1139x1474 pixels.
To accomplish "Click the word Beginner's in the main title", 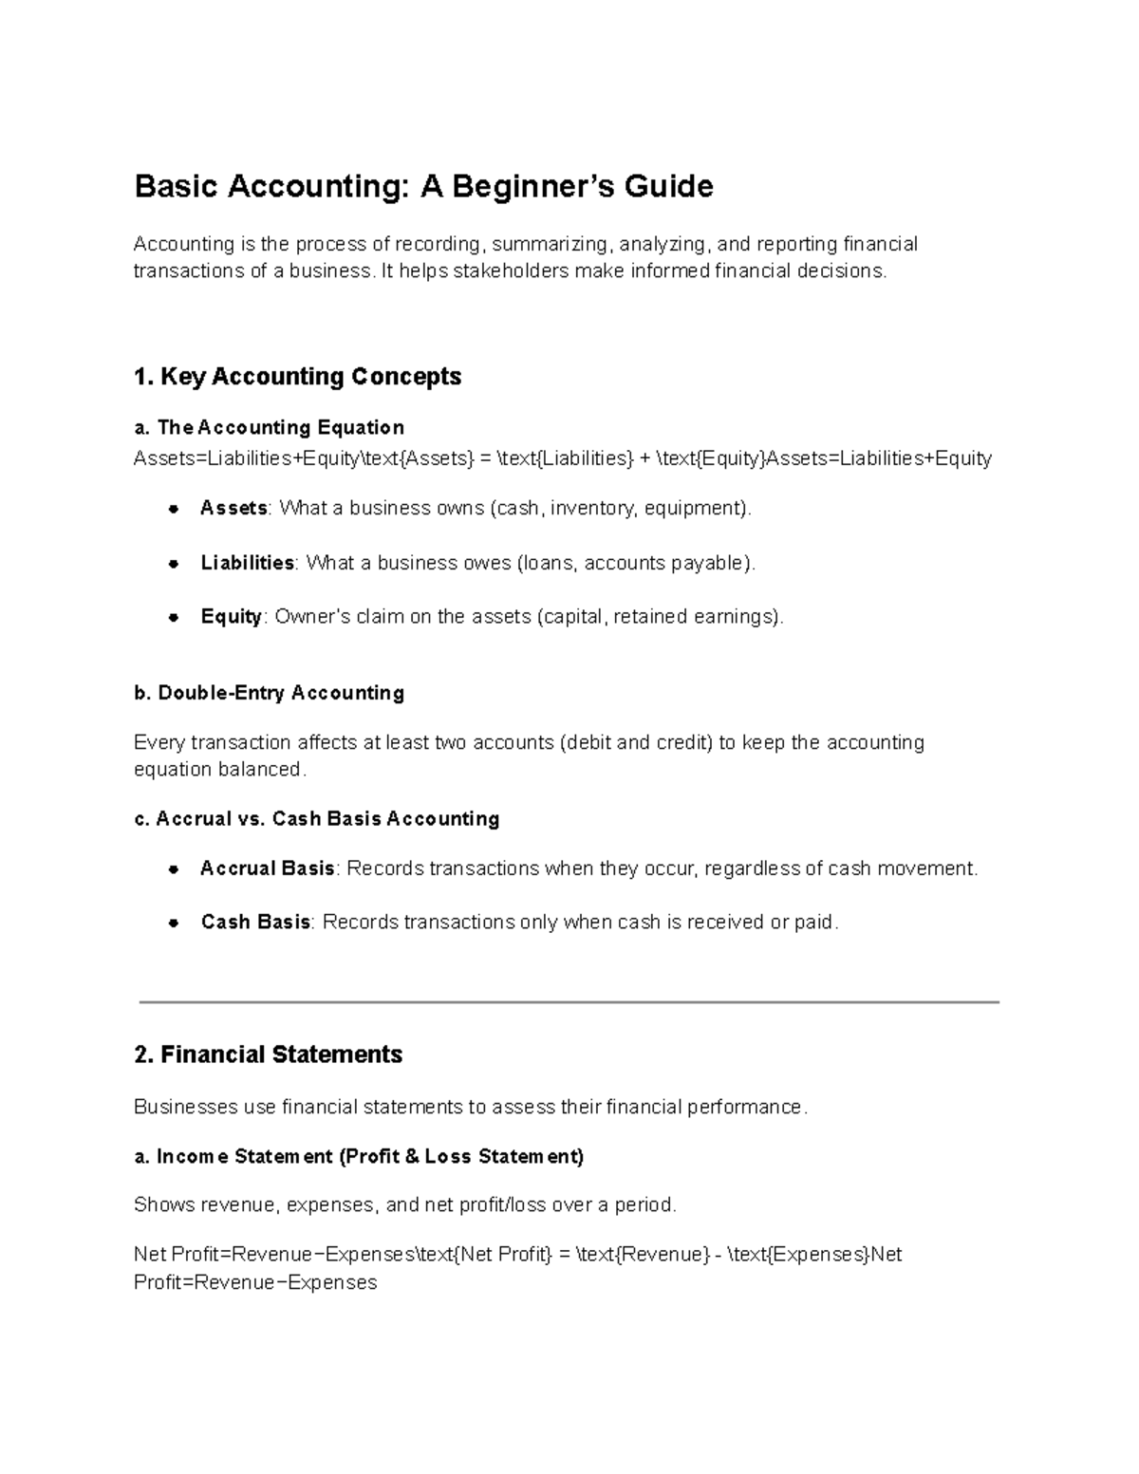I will [x=532, y=187].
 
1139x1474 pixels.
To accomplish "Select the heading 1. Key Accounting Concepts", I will [x=297, y=377].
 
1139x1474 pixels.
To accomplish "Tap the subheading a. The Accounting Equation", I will [x=270, y=427].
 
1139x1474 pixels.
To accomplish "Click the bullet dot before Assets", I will [x=174, y=509].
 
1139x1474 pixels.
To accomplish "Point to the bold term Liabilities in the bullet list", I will [x=247, y=563].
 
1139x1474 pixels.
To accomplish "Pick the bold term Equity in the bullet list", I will [x=231, y=617].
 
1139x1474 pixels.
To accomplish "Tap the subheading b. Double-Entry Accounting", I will [x=270, y=693].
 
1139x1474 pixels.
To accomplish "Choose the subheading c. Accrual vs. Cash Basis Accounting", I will [x=317, y=818].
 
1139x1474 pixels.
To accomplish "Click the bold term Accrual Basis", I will [x=267, y=868].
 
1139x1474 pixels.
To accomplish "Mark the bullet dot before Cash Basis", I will [x=174, y=923].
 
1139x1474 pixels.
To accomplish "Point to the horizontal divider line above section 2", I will [x=569, y=1001].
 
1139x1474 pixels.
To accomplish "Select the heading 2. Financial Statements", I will [x=269, y=1054].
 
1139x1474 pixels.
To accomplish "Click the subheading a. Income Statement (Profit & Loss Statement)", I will [x=359, y=1156].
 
